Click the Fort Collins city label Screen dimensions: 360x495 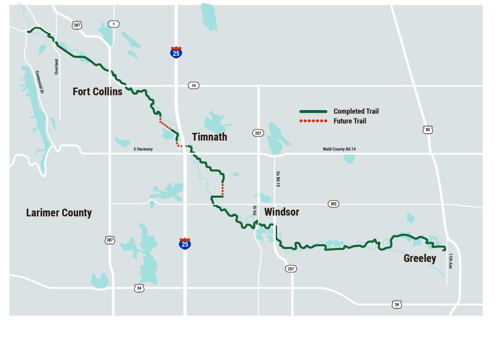point(97,91)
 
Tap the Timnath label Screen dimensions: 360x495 point(209,137)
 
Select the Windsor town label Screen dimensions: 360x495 point(281,212)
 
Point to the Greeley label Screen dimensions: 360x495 point(420,258)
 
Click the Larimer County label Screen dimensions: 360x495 point(59,212)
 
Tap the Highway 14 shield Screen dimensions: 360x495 point(193,85)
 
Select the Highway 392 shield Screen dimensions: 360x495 point(333,204)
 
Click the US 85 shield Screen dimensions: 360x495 point(428,129)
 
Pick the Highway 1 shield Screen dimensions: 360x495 point(113,24)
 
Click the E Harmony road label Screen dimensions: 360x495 point(143,149)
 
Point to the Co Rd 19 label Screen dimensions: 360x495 point(278,179)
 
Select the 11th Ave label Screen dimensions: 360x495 point(451,261)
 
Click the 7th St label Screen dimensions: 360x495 point(255,210)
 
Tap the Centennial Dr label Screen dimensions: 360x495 point(40,82)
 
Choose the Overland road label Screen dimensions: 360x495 point(56,66)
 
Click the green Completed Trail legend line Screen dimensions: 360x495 point(313,112)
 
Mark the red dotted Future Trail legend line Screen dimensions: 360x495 point(313,121)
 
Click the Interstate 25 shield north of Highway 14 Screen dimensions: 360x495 point(176,52)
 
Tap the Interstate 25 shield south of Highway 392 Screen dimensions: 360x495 point(185,243)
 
